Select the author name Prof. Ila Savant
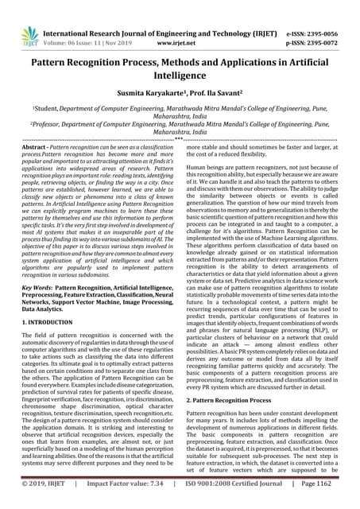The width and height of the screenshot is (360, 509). click(211, 91)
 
